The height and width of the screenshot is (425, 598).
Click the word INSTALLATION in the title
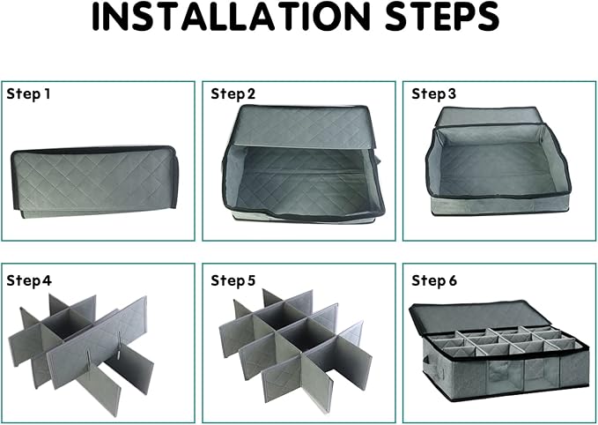click(231, 17)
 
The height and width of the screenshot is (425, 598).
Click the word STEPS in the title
click(442, 17)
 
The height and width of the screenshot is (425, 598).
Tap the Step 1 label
click(28, 94)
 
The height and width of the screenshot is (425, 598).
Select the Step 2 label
click(233, 94)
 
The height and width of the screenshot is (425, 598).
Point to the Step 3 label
click(433, 94)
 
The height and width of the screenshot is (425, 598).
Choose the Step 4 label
click(29, 280)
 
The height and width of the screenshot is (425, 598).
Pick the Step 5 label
click(233, 280)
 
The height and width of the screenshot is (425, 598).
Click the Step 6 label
click(434, 280)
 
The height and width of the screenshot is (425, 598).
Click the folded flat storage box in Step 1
click(94, 182)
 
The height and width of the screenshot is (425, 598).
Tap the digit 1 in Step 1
click(48, 94)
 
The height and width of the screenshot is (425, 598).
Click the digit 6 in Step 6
click(453, 281)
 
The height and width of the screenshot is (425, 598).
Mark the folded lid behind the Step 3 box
click(488, 116)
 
